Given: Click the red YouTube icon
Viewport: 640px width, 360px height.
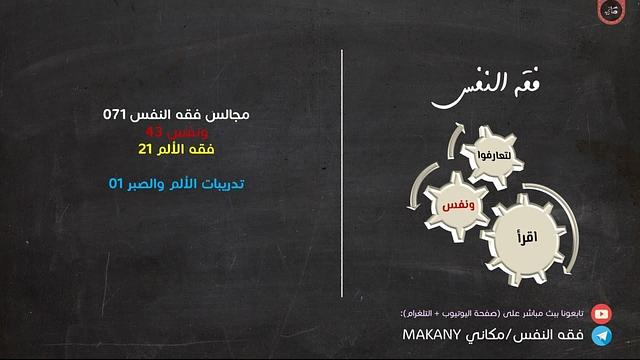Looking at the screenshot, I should [602, 313].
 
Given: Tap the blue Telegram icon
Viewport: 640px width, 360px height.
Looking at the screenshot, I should [602, 336].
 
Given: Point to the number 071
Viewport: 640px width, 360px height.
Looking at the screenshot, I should [119, 115].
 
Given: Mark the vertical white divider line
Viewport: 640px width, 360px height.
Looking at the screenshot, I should [343, 175].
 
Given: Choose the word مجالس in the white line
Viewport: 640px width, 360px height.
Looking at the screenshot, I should [225, 115].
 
